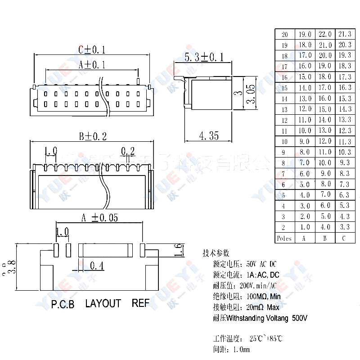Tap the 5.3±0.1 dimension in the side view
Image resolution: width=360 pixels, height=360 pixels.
coord(204,57)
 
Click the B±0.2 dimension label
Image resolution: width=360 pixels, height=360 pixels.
coord(92,136)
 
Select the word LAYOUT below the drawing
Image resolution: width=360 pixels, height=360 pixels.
coord(103,303)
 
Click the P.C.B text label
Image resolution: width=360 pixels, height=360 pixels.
coord(63,304)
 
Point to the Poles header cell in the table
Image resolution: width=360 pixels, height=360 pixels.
coord(284,238)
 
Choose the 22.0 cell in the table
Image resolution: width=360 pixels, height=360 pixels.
coord(324,34)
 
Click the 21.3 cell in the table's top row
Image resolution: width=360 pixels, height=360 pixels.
coord(345,34)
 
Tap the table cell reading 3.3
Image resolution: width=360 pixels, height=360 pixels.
coord(345,227)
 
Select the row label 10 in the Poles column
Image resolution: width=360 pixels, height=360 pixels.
coord(284,142)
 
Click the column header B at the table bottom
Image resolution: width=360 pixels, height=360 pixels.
coord(324,238)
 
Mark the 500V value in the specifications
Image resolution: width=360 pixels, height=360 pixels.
coord(299,318)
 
